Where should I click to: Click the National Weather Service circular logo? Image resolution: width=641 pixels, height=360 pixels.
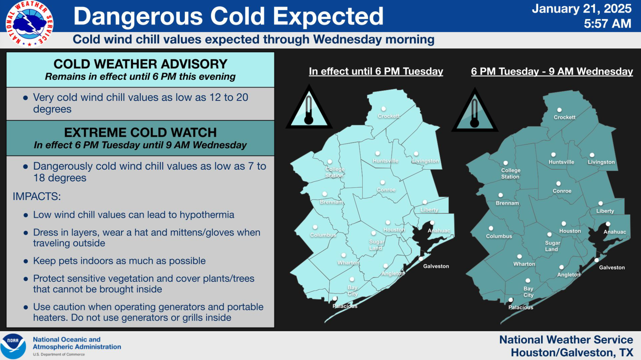29,24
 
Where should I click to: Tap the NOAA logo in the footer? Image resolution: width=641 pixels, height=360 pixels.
13,346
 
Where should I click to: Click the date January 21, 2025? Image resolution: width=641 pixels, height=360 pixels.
581,9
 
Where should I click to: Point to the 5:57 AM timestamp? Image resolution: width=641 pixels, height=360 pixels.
607,24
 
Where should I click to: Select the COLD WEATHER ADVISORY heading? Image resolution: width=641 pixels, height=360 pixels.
140,64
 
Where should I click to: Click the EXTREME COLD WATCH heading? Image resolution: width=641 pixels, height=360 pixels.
140,132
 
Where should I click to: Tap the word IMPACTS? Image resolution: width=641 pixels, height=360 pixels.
37,196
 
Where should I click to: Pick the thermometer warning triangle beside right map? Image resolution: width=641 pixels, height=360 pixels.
474,110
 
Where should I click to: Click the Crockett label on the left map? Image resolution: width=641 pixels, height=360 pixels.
389,116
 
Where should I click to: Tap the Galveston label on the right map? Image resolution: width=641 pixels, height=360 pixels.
612,268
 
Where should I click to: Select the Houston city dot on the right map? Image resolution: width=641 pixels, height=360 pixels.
564,224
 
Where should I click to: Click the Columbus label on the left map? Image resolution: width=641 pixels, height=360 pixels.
323,235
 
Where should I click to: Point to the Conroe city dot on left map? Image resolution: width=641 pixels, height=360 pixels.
383,183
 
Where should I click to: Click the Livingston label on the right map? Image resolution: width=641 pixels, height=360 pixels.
601,162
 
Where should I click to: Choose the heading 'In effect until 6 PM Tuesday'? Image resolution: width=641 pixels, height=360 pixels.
376,71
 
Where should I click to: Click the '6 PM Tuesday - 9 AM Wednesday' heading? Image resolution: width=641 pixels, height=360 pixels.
552,71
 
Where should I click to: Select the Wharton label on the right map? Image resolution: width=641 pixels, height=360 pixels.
524,264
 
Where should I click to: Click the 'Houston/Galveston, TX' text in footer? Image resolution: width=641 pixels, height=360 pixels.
572,352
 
